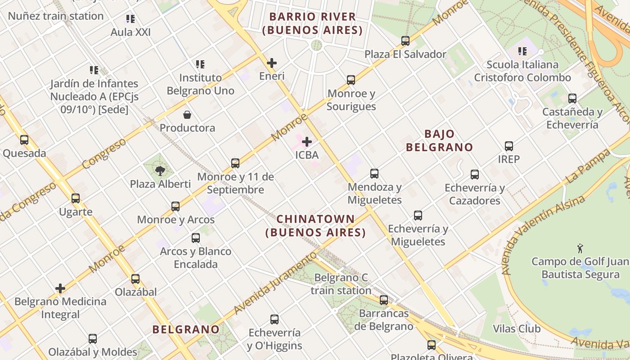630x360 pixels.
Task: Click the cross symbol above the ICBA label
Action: point(307,142)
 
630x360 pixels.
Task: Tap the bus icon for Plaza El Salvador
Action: point(405,41)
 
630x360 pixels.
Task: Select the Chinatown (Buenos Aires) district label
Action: point(315,226)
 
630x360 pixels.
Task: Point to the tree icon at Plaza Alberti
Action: point(160,171)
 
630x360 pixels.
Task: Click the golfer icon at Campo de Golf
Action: point(580,248)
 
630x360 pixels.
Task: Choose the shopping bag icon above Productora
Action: point(187,115)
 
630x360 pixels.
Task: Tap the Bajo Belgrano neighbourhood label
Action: point(439,140)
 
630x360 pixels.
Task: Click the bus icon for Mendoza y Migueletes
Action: point(374,174)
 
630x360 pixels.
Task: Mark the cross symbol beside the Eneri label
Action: point(272,63)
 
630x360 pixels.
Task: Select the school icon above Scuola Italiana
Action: point(522,51)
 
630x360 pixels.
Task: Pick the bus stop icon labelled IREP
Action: point(509,146)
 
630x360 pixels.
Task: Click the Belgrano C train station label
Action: point(341,284)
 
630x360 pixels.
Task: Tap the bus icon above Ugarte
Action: point(76,198)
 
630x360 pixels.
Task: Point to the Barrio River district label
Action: point(313,23)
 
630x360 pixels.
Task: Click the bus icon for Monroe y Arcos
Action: point(175,207)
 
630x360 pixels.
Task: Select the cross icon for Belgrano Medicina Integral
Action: point(60,288)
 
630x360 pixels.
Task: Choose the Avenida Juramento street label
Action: point(275,283)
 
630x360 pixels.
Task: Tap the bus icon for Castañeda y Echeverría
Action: point(572,99)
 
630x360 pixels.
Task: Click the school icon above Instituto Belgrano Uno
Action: point(200,64)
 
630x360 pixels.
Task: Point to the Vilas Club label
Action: point(517,329)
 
